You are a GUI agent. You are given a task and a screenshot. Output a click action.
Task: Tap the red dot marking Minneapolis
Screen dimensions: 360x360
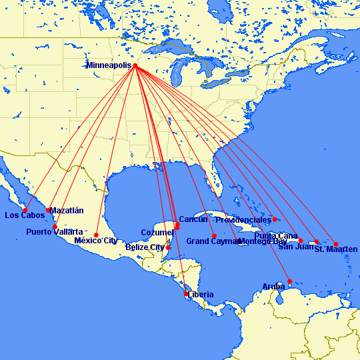(x=135, y=65)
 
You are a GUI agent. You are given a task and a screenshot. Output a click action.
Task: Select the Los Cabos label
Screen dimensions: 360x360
(x=25, y=215)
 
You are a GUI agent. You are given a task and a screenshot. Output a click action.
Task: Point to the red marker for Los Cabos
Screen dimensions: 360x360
(x=25, y=210)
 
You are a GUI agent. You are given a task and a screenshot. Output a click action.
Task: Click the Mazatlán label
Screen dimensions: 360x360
(x=67, y=210)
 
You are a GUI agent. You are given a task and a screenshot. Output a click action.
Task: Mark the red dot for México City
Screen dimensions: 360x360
(x=97, y=235)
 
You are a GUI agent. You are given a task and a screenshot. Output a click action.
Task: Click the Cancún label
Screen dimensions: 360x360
(x=194, y=219)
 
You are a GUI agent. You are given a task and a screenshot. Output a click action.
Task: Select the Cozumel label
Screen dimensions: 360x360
(x=157, y=233)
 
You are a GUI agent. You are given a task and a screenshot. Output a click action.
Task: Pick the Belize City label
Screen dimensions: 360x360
(x=145, y=247)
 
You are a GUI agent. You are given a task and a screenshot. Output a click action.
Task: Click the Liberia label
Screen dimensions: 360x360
(x=201, y=294)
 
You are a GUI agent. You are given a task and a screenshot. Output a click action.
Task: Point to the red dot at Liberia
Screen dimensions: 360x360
(x=186, y=293)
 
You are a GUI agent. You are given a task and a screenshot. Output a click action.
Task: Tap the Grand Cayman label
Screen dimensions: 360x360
(x=213, y=241)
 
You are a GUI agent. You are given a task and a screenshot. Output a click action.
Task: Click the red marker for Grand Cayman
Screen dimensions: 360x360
(x=214, y=236)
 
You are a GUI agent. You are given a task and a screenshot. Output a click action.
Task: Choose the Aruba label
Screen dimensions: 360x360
(x=273, y=287)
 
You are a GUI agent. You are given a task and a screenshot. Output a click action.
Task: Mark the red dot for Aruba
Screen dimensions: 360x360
(x=289, y=281)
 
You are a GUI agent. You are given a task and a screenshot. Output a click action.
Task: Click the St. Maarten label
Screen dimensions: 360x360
(x=336, y=249)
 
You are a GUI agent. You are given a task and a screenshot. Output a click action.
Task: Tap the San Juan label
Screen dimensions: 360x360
(x=295, y=247)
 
